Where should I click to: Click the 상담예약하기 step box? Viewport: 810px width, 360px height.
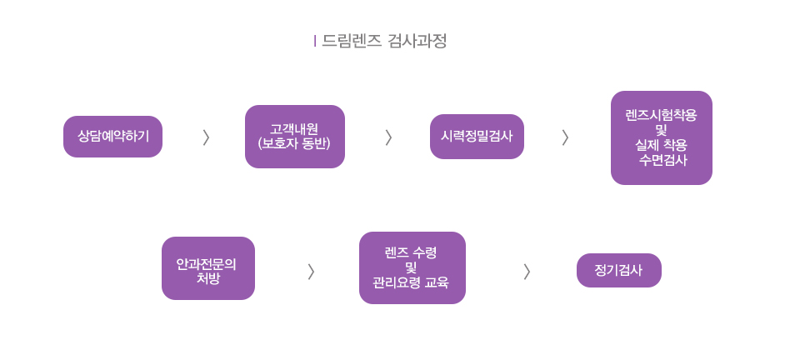pos(112,137)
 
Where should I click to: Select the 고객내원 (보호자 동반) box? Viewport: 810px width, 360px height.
pos(294,137)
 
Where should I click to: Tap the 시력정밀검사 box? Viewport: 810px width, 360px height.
pos(477,137)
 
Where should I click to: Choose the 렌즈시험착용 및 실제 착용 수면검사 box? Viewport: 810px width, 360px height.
pos(661,137)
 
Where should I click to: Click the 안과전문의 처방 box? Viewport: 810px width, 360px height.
pos(207,268)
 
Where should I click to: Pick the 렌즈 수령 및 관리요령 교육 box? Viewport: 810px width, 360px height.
pos(412,267)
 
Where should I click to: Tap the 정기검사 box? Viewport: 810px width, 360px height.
pos(618,270)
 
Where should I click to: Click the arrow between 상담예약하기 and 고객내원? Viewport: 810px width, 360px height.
pos(206,137)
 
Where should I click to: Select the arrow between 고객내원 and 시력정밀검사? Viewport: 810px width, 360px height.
pos(388,137)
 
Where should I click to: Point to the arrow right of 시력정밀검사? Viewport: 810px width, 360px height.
pos(565,137)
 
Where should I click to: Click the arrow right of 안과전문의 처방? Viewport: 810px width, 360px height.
pos(311,271)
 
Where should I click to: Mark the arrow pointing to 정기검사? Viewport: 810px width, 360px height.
pos(527,271)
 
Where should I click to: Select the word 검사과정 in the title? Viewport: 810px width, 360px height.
pos(417,41)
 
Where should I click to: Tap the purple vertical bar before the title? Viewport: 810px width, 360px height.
pos(315,41)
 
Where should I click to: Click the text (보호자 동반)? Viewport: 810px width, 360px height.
pos(294,144)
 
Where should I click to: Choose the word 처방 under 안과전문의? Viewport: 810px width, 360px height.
pos(207,278)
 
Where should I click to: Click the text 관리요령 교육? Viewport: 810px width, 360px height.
pos(411,282)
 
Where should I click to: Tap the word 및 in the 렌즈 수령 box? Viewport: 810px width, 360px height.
pos(410,267)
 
